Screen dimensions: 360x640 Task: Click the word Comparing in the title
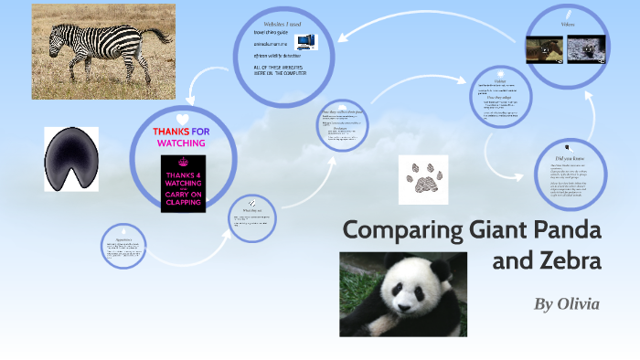tap(397, 230)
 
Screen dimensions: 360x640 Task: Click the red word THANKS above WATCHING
tap(171, 132)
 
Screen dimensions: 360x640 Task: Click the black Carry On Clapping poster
tap(183, 184)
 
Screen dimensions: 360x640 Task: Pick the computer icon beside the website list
tap(305, 41)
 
